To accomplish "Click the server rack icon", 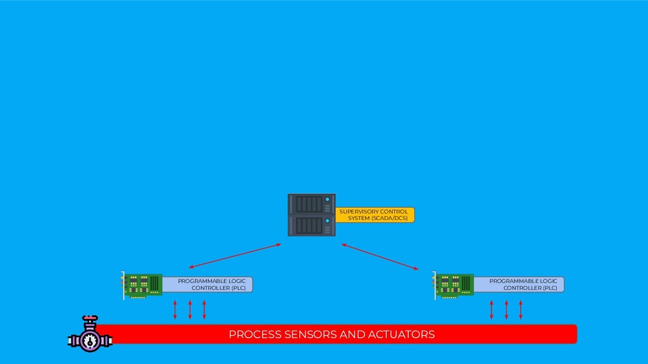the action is click(x=311, y=215).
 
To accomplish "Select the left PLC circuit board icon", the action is click(x=142, y=285).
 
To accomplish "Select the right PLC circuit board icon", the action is click(x=454, y=285).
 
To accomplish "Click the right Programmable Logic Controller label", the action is click(x=523, y=284).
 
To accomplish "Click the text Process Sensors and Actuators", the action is click(x=332, y=334).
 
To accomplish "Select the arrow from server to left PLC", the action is click(x=234, y=255).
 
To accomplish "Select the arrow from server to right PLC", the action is click(x=380, y=256).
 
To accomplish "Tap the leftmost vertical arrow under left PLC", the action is click(x=175, y=310).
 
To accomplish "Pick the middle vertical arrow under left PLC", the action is click(x=190, y=310).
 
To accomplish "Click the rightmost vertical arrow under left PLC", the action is click(x=204, y=310).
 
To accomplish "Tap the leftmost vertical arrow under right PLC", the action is click(x=492, y=310).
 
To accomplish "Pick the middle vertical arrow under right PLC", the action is click(x=506, y=310).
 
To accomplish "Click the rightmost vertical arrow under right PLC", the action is click(x=521, y=310).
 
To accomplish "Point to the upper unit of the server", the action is click(x=311, y=204).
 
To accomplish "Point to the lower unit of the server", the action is click(x=311, y=226).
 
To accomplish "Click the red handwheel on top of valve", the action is click(x=89, y=318).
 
